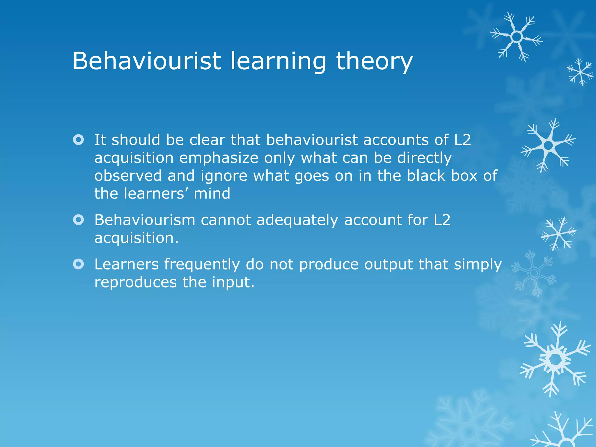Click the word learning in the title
click(278, 62)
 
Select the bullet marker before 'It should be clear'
click(79, 140)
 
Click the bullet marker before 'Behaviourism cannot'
click(79, 220)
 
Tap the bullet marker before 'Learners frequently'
click(79, 264)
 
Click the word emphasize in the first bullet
click(219, 158)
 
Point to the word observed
click(128, 176)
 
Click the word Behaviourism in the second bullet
click(145, 220)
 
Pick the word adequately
click(297, 221)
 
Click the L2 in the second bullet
click(442, 220)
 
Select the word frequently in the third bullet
click(202, 265)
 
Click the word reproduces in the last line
click(136, 283)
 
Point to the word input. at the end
click(233, 283)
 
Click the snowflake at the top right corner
click(517, 37)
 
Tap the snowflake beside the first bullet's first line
click(548, 145)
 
